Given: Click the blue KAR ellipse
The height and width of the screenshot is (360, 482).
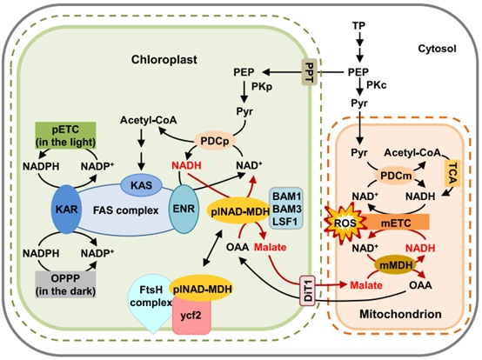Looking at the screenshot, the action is [x=67, y=210].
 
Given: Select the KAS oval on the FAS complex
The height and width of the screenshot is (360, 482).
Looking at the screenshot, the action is [x=142, y=185].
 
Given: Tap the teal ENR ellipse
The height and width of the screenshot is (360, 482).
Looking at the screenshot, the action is [x=184, y=209].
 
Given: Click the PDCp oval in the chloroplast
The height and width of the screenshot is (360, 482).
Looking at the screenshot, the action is [x=215, y=141].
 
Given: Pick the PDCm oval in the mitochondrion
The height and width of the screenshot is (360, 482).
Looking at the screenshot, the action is [x=396, y=176].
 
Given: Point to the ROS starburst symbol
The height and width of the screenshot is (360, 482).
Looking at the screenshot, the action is [x=345, y=223].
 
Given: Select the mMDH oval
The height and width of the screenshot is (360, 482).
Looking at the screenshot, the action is [x=396, y=265].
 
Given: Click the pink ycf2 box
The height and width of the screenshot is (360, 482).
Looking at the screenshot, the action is [x=191, y=316].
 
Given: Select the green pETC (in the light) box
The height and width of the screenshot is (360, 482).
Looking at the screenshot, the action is [x=66, y=135].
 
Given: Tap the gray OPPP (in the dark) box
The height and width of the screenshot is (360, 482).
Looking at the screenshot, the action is [x=66, y=284].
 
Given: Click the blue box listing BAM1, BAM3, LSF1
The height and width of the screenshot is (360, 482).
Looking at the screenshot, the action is [x=286, y=208].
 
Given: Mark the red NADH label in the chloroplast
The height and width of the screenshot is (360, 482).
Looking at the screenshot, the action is [x=186, y=165].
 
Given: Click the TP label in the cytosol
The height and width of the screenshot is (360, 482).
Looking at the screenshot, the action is [x=358, y=26].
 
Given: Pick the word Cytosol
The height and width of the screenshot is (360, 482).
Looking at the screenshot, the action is [x=437, y=49].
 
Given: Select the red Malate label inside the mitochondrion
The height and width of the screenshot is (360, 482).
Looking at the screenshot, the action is [x=366, y=285].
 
